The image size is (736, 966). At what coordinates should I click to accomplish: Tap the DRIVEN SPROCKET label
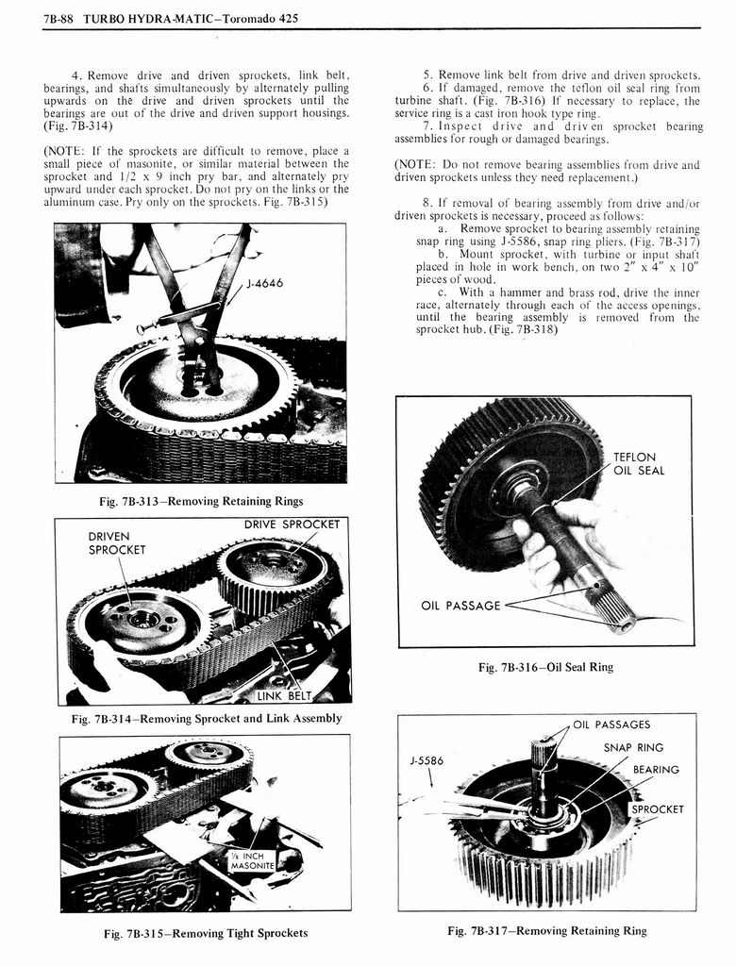(117, 543)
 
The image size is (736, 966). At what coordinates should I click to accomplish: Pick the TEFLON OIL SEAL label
(639, 464)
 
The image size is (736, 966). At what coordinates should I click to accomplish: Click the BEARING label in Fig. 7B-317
(656, 770)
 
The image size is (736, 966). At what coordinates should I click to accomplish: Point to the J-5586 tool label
(427, 759)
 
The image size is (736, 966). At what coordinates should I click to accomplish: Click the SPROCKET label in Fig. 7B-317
(657, 809)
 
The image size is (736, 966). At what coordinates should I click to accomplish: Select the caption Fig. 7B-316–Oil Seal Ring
(545, 667)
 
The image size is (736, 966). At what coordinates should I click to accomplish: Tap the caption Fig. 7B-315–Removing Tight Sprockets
(205, 933)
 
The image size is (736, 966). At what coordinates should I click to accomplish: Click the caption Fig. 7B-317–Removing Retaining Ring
(547, 930)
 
